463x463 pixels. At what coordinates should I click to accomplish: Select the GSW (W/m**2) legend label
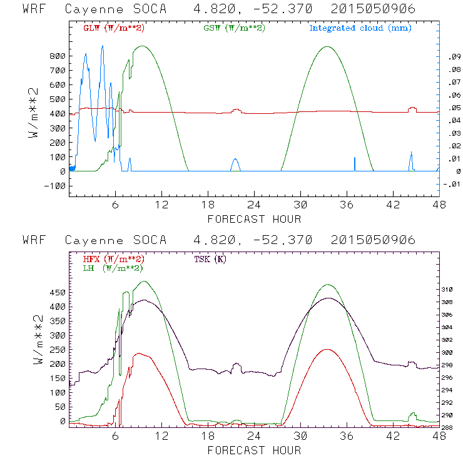[235, 28]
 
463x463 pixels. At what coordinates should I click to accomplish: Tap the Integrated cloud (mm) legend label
[360, 28]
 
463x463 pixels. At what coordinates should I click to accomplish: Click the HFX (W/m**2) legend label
[114, 258]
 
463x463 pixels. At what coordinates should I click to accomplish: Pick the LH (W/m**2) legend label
[113, 268]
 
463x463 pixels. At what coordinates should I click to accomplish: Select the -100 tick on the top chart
[54, 186]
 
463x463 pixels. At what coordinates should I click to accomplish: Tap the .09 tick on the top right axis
[452, 57]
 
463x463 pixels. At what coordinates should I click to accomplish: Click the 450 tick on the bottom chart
[57, 292]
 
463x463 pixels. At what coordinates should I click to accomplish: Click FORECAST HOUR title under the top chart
[254, 219]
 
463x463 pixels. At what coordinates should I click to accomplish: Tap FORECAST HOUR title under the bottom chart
[254, 450]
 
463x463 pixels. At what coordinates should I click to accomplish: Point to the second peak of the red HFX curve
[326, 349]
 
